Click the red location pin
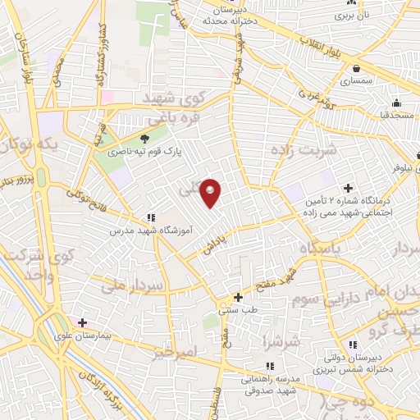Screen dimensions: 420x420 point(211,192)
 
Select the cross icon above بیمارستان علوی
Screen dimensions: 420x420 point(81,323)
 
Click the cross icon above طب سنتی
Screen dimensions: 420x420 point(239,298)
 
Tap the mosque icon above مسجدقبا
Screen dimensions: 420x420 point(396,103)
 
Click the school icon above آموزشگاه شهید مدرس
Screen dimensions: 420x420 point(151,218)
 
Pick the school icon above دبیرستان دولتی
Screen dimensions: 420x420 point(353,345)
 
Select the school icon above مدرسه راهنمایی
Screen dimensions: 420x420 point(269,367)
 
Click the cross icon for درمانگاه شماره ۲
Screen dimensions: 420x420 point(348,188)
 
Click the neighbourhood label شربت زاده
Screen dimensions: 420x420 point(303,151)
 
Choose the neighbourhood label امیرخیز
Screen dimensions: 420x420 point(176,352)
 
